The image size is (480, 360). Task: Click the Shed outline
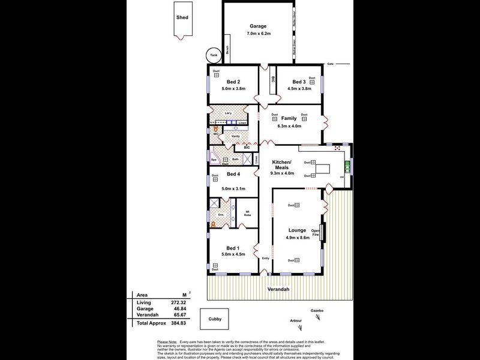[182, 20]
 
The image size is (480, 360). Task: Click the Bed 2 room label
[233, 82]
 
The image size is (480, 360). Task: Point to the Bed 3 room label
[299, 82]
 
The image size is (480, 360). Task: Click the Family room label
[289, 119]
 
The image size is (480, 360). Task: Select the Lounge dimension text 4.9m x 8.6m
[298, 238]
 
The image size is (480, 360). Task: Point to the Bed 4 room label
[233, 175]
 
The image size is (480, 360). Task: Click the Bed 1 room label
[233, 248]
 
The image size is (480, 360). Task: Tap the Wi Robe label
[247, 214]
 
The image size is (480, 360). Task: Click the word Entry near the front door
[266, 259]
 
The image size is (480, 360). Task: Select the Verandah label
[278, 289]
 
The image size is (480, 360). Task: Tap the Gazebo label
[317, 310]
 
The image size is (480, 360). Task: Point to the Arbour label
[295, 321]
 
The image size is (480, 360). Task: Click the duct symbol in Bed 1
[215, 265]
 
